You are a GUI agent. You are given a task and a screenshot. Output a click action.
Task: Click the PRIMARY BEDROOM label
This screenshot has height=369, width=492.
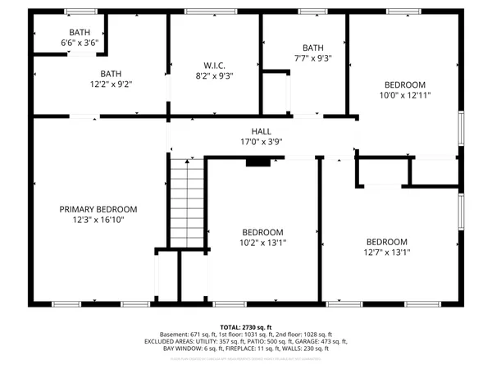[x=98, y=209]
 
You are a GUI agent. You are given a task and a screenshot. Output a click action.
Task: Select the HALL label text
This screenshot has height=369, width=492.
[x=261, y=131]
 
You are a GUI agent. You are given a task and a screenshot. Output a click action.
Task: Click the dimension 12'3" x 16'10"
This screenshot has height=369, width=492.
[x=98, y=220]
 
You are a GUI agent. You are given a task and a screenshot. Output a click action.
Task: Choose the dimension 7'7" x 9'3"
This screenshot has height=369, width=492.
[x=313, y=58]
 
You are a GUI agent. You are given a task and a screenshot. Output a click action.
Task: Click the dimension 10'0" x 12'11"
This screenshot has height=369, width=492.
[x=406, y=95]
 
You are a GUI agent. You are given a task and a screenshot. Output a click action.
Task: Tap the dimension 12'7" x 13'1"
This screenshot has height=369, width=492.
[x=387, y=253]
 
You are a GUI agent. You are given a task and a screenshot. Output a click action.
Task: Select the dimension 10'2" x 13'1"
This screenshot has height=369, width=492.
[x=262, y=243]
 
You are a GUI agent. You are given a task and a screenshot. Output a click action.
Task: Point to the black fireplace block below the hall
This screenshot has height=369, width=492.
[x=257, y=162]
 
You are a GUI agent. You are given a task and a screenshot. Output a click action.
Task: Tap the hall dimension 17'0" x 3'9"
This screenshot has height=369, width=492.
[x=261, y=142]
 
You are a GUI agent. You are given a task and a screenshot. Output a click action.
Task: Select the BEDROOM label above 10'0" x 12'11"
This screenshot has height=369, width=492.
[x=406, y=84]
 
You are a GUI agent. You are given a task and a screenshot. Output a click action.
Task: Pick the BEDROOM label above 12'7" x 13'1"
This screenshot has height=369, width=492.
[x=387, y=242]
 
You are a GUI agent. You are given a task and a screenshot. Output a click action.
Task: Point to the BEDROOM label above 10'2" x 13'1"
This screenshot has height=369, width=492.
[x=262, y=232]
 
